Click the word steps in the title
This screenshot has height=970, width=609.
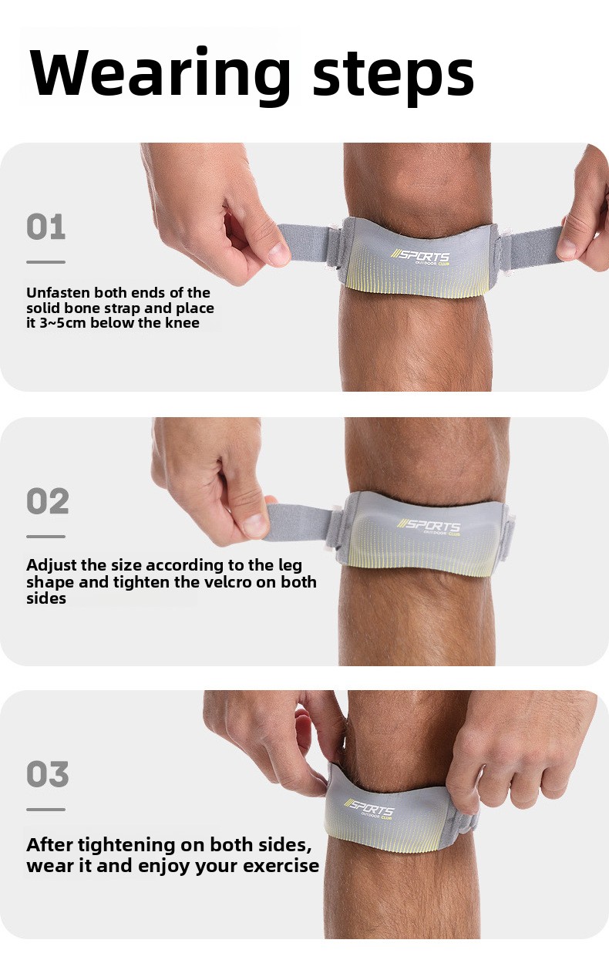point(393,75)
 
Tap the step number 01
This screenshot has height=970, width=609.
point(46,227)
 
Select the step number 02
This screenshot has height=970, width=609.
point(48,501)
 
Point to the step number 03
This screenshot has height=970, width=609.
point(48,774)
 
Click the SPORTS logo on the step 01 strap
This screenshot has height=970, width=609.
point(420,256)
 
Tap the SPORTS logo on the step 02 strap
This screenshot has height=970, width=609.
point(429,526)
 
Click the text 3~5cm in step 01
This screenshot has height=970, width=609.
point(62,323)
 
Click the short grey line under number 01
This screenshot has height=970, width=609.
point(46,262)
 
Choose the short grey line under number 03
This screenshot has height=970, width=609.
point(46,810)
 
